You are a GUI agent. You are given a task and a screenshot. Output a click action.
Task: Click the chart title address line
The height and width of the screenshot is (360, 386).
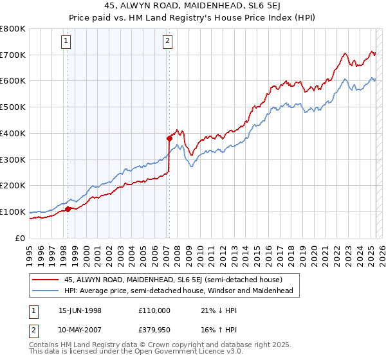[x=192, y=6]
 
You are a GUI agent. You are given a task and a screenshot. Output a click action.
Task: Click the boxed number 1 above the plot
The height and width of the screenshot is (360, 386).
[x=68, y=42]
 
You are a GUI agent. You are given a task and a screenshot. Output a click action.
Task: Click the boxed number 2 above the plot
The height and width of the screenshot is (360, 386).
[x=167, y=42]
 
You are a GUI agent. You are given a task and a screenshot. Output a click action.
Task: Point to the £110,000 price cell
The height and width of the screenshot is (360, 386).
[x=154, y=310]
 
